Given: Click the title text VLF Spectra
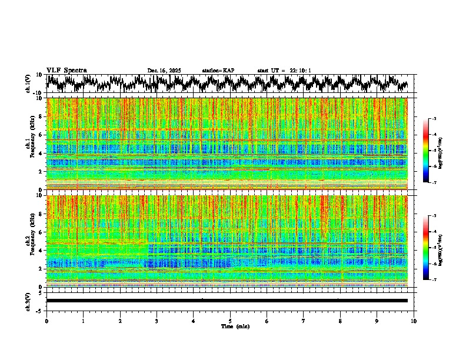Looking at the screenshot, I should [x=66, y=71].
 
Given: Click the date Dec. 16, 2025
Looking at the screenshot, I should [x=164, y=71].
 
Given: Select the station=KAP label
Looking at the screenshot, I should [x=218, y=71].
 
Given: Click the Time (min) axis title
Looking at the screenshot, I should [x=235, y=326].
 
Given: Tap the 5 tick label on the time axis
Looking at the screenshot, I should [x=230, y=321].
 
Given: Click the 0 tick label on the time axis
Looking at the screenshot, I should [x=46, y=321].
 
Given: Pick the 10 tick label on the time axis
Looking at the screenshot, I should [x=414, y=321].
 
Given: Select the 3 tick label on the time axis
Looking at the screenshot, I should [x=157, y=321].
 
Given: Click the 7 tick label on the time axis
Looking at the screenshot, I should [x=304, y=321].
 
